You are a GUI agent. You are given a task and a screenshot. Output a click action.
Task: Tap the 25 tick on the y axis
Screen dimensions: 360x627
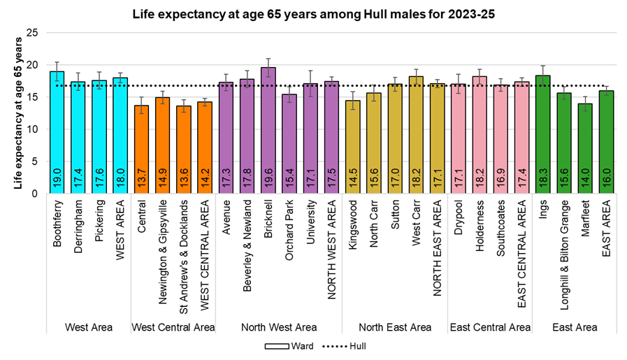32,33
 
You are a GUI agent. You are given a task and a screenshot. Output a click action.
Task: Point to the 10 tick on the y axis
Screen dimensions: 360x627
32,129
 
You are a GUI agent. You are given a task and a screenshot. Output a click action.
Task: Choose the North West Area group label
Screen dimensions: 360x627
278,327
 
